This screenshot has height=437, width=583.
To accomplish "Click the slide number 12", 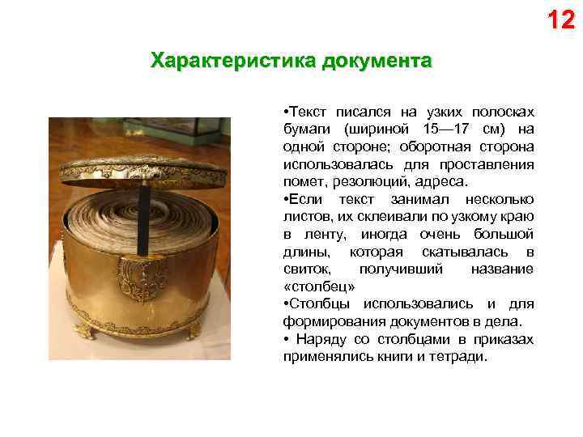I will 560,19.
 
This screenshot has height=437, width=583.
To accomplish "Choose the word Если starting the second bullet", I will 308,199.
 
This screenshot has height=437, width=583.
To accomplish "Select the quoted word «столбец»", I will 319,287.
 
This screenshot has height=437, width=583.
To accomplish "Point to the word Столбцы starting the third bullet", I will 317,304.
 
